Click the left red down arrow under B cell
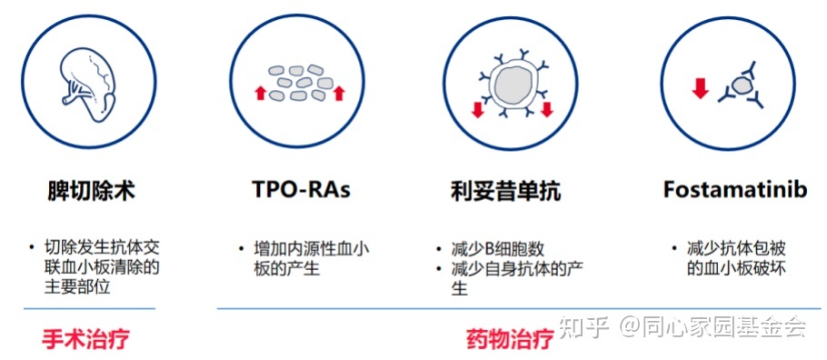point(477,110)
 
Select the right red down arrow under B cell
point(546,110)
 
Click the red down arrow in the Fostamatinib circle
point(700,88)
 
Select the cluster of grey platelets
point(300,82)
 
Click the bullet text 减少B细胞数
point(495,248)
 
